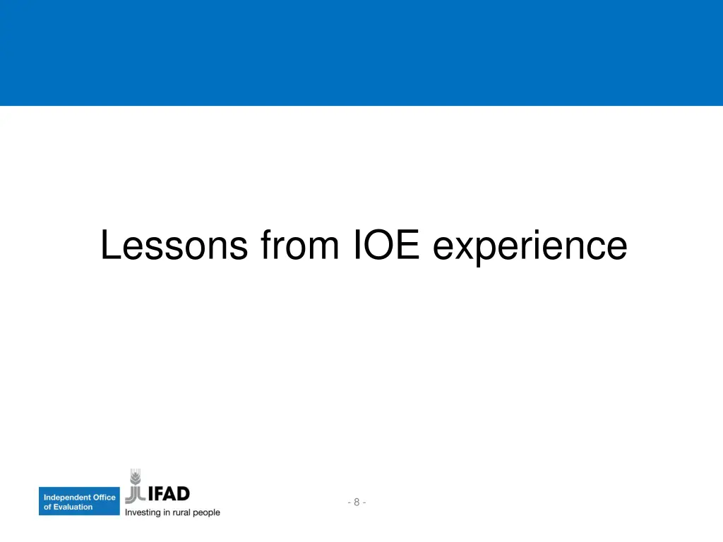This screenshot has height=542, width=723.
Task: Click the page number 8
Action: tap(357, 502)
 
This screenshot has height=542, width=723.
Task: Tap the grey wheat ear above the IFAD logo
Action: tap(135, 478)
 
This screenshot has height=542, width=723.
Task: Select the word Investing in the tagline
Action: tap(143, 512)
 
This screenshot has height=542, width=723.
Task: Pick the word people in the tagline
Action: tap(208, 512)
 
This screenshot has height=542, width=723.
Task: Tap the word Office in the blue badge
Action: tap(104, 498)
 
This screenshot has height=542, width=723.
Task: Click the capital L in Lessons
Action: tap(108, 246)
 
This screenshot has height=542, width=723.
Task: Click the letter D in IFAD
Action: tap(181, 493)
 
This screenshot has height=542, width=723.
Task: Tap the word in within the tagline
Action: tap(167, 512)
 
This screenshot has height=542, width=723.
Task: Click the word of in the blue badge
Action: tap(47, 507)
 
